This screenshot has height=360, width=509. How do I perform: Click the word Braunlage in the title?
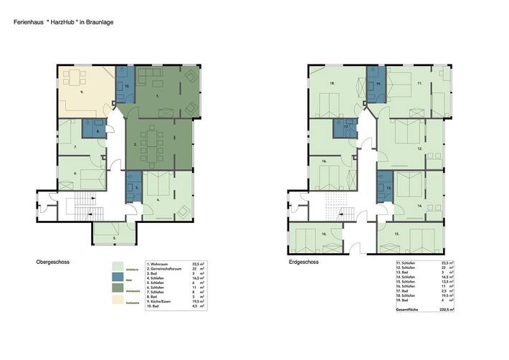tap(97, 22)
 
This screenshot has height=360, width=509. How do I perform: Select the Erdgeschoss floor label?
tap(304, 262)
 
